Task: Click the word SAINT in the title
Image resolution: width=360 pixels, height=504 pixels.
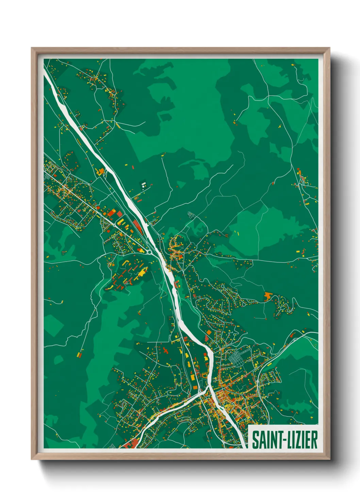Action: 266,440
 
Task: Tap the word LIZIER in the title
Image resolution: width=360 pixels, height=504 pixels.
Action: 301,440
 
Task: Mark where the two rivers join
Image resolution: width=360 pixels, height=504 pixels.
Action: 208,389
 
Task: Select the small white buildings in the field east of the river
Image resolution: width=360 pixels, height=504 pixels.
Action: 144,185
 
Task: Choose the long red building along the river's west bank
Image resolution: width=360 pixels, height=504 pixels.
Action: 137,225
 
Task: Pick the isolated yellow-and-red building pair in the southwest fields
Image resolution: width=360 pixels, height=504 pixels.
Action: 80,355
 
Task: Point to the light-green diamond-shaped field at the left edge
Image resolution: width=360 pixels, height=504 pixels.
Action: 53,324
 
